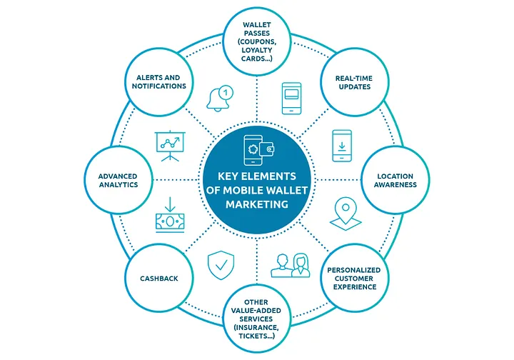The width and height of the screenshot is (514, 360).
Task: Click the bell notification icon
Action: (x=219, y=98)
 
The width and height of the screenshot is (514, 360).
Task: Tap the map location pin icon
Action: (x=346, y=214)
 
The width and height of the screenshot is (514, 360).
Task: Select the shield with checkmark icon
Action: (x=221, y=265)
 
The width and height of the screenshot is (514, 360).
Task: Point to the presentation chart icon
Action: (x=170, y=146)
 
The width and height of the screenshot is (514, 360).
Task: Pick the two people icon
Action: (x=291, y=265)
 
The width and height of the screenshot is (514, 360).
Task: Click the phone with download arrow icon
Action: (x=342, y=146)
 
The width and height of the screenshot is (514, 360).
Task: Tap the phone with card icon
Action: (x=291, y=98)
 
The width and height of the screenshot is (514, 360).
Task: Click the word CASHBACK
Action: (x=159, y=279)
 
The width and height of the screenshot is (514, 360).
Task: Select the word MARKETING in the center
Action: (x=257, y=204)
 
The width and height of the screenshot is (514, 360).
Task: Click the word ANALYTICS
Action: (x=119, y=184)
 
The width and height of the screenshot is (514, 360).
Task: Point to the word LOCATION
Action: (x=395, y=176)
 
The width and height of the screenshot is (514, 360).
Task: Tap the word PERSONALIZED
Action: (x=353, y=270)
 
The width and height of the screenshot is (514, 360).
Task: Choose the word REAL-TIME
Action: (x=353, y=79)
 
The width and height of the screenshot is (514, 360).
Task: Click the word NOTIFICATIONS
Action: (x=159, y=86)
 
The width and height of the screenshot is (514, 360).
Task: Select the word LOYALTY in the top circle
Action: (x=257, y=50)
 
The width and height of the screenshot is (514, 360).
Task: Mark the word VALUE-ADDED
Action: (x=256, y=311)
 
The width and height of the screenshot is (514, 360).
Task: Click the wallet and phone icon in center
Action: (x=259, y=150)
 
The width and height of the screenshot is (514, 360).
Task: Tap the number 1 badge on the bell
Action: (x=225, y=92)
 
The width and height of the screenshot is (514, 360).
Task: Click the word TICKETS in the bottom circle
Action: (x=254, y=336)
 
